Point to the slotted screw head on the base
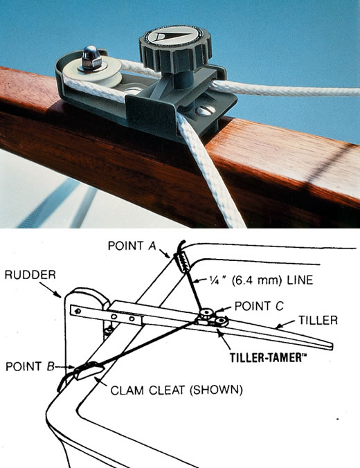206,111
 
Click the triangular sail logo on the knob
169,37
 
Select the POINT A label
132,246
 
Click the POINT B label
30,366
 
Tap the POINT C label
259,306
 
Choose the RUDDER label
30,275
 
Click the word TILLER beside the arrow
318,321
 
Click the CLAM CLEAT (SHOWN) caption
177,390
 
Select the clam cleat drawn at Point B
89,370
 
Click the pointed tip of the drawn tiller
332,346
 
